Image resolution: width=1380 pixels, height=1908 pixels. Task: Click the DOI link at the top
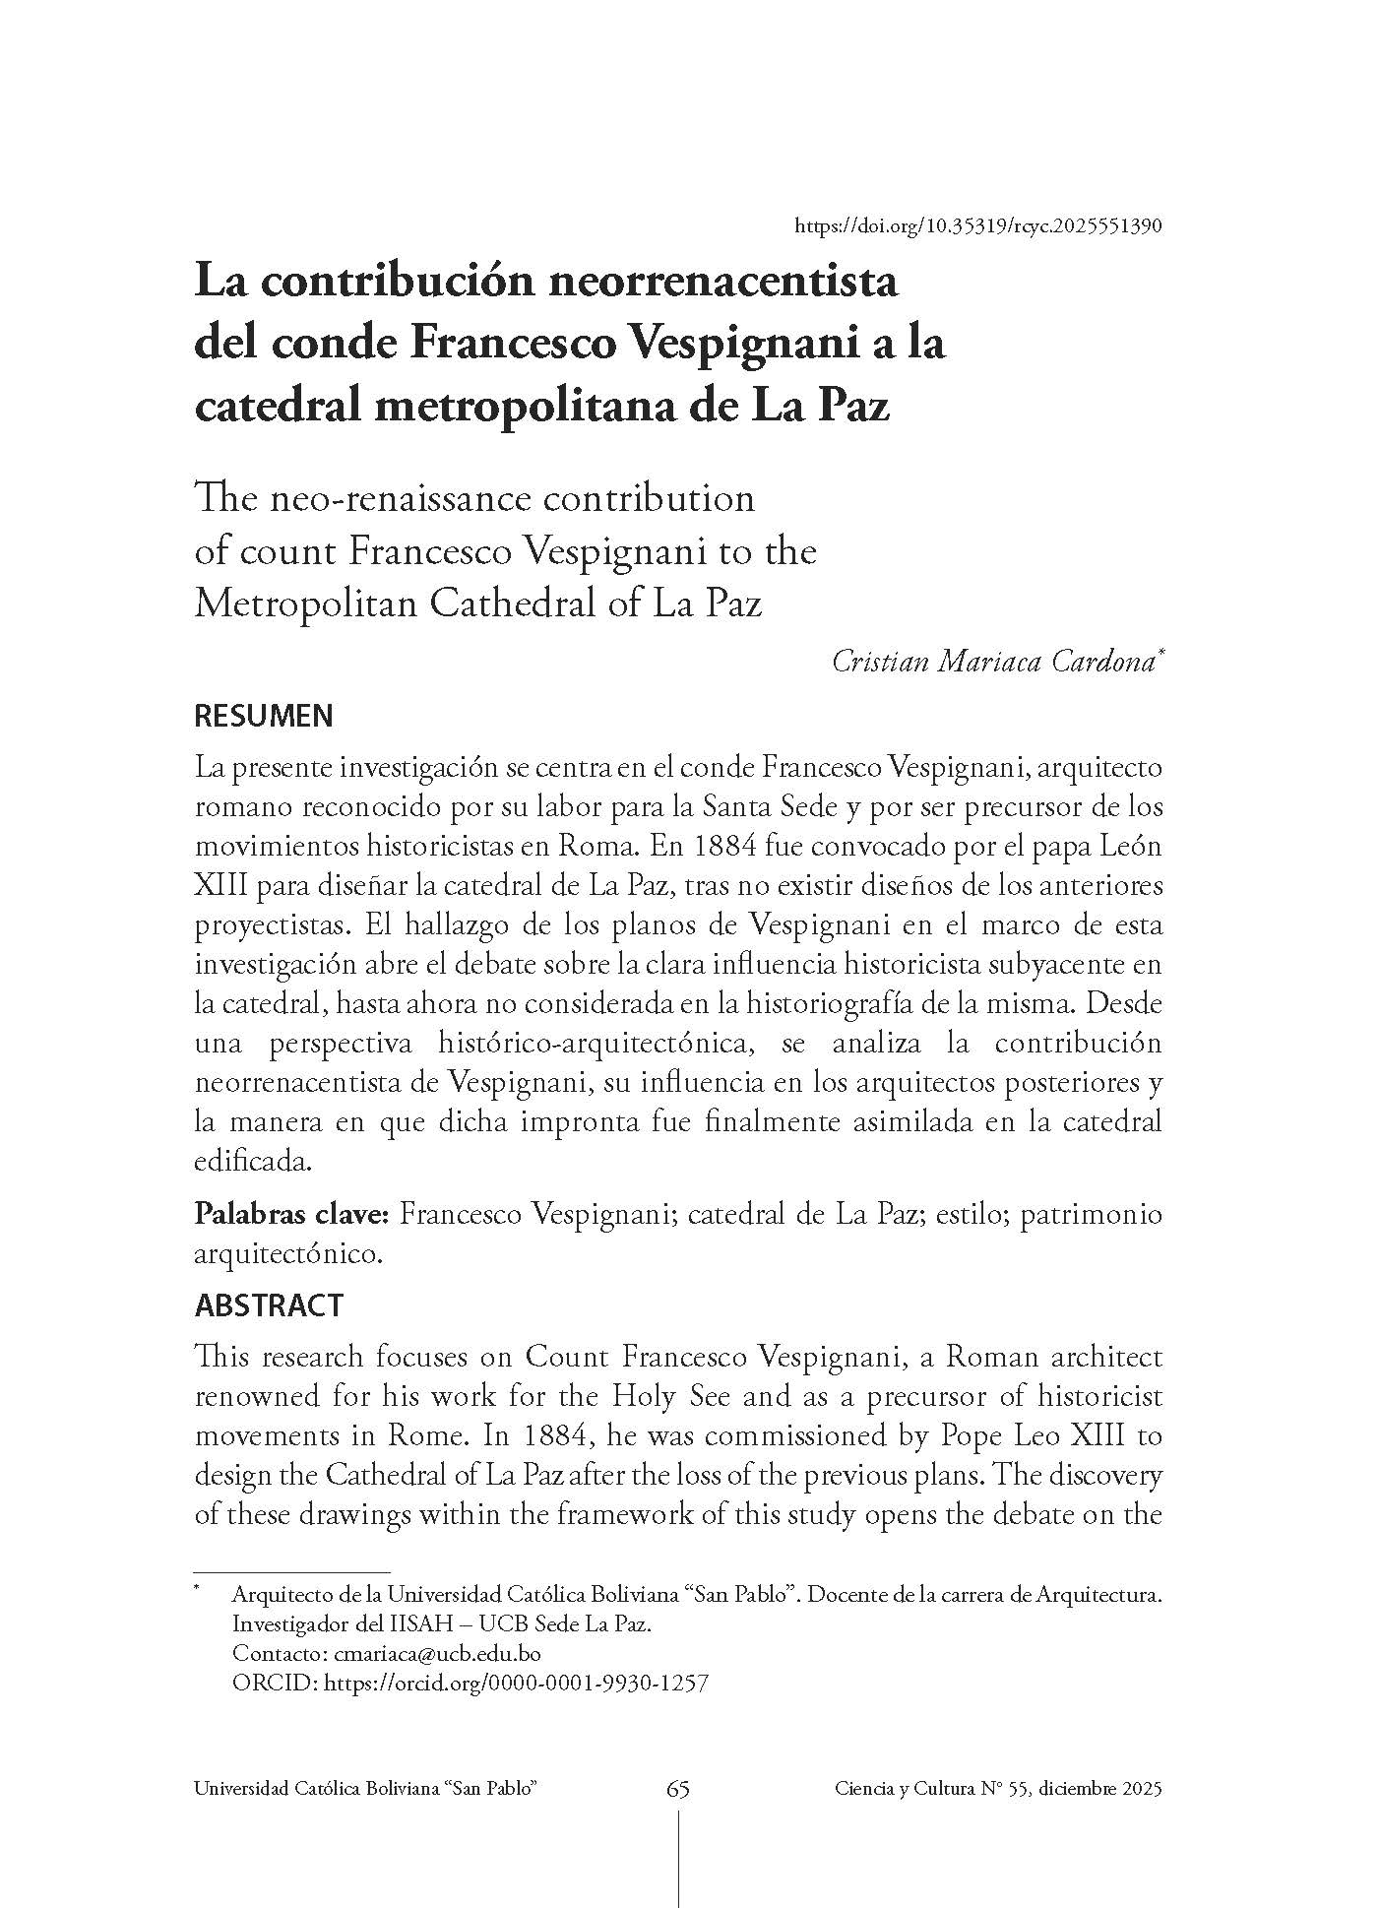click(x=978, y=225)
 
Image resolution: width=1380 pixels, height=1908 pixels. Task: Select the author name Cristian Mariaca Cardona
click(x=994, y=662)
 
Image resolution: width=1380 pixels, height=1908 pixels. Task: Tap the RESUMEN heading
click(x=264, y=716)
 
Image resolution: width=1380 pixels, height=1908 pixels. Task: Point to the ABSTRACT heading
click(x=269, y=1305)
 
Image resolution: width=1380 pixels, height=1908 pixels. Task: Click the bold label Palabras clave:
click(x=293, y=1214)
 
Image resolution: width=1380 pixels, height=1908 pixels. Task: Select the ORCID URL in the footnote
click(x=516, y=1683)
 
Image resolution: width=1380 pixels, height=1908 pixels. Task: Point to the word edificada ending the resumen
click(x=252, y=1162)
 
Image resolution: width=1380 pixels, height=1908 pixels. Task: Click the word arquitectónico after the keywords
click(x=285, y=1254)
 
